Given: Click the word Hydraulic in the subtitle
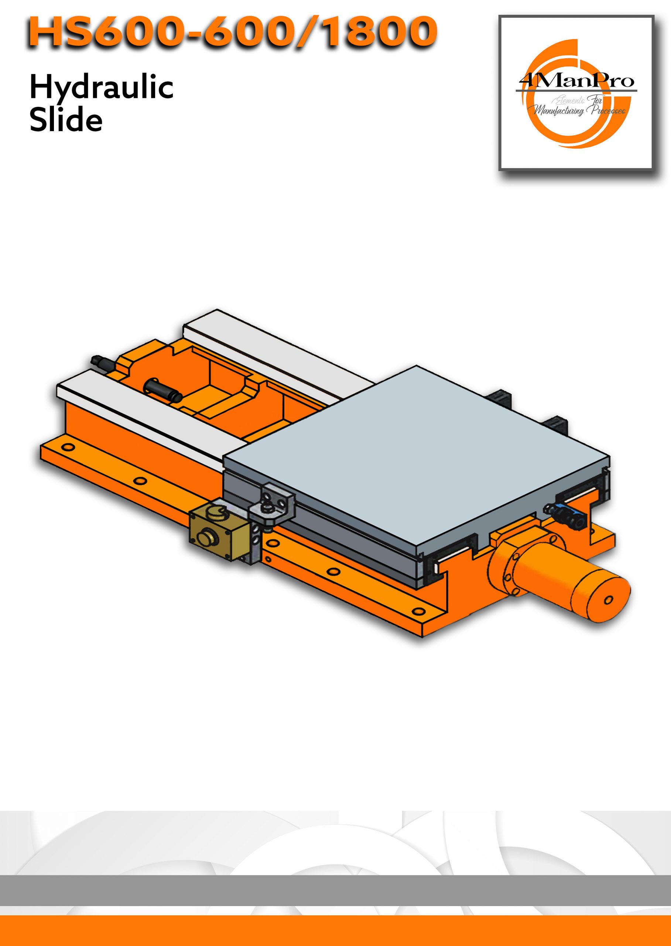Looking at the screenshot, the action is [x=101, y=88].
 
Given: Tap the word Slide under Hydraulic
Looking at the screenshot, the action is [x=66, y=120].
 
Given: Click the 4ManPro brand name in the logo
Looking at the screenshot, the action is [x=576, y=81].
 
